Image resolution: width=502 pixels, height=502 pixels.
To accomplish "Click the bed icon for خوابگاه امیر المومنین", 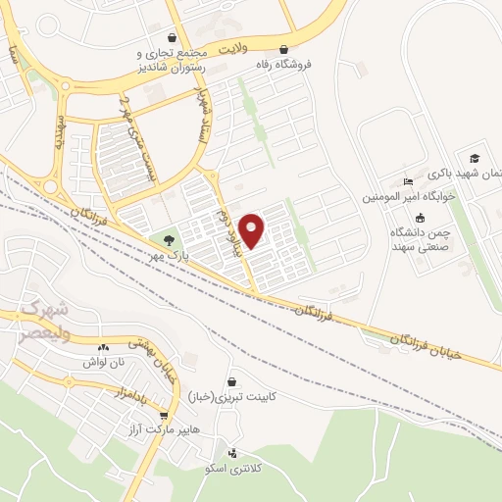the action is point(408,181).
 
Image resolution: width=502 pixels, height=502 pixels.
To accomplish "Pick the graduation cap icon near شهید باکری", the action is point(475,158).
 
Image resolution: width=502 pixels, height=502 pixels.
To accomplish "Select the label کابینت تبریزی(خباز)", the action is point(229,396).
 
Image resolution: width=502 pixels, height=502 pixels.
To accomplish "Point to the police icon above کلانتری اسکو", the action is point(231,453).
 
